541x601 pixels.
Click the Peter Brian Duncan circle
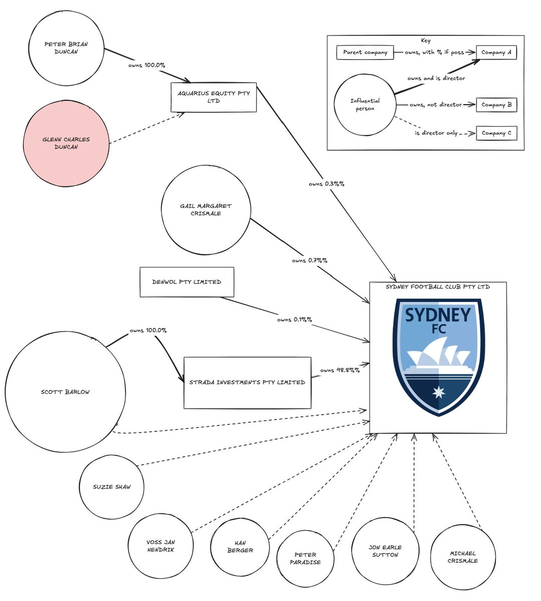click(66, 48)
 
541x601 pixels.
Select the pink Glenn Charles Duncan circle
click(66, 143)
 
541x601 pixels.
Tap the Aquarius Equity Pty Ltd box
click(213, 97)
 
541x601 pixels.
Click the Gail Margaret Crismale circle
click(205, 209)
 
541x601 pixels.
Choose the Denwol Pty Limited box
click(186, 282)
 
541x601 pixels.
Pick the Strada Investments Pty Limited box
click(247, 382)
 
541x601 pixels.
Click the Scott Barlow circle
click(65, 392)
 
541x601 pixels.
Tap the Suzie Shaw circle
click(112, 487)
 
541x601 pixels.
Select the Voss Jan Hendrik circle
click(161, 545)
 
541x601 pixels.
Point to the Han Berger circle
click(240, 546)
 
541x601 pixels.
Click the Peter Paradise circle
click(305, 558)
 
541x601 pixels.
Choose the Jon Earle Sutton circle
click(385, 551)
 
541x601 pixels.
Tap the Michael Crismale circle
click(463, 557)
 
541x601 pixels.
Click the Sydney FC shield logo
click(438, 357)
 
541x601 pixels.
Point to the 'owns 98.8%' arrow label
click(340, 370)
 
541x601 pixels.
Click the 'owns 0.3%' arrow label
click(327, 184)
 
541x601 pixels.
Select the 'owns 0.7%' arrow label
click(310, 260)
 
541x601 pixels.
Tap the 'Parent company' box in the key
click(365, 52)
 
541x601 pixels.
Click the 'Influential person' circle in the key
click(365, 105)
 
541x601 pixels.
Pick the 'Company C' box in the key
click(496, 133)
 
